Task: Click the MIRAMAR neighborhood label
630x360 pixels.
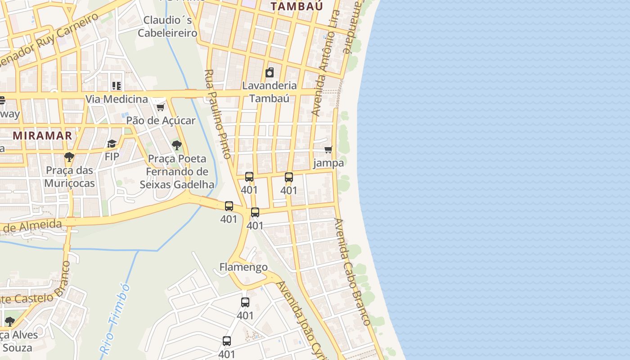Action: click(42, 135)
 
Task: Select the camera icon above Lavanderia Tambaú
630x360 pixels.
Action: click(270, 72)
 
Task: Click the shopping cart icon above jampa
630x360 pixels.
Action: click(328, 149)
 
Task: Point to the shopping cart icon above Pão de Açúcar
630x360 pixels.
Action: click(161, 107)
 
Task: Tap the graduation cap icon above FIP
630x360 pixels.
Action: click(112, 144)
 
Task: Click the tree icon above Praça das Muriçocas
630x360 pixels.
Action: click(69, 157)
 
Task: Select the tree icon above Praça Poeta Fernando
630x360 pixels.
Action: click(177, 145)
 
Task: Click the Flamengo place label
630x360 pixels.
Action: click(243, 267)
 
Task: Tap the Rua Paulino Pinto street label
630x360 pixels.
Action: click(218, 114)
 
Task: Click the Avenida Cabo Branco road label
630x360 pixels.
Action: click(352, 271)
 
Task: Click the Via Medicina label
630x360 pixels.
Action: click(117, 99)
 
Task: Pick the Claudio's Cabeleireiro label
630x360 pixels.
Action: click(167, 27)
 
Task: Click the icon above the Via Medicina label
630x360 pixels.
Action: click(117, 85)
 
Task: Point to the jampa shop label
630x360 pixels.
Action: click(328, 163)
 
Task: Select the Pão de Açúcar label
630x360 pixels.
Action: click(161, 121)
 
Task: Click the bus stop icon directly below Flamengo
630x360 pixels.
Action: click(245, 302)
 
